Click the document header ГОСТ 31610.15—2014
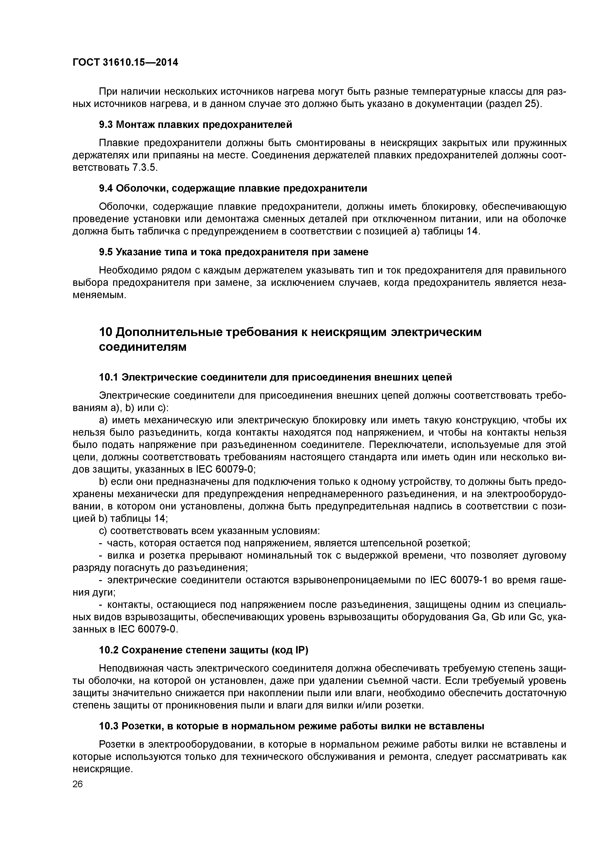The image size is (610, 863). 125,62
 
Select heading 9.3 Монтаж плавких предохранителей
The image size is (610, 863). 196,124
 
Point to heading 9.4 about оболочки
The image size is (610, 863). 233,188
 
